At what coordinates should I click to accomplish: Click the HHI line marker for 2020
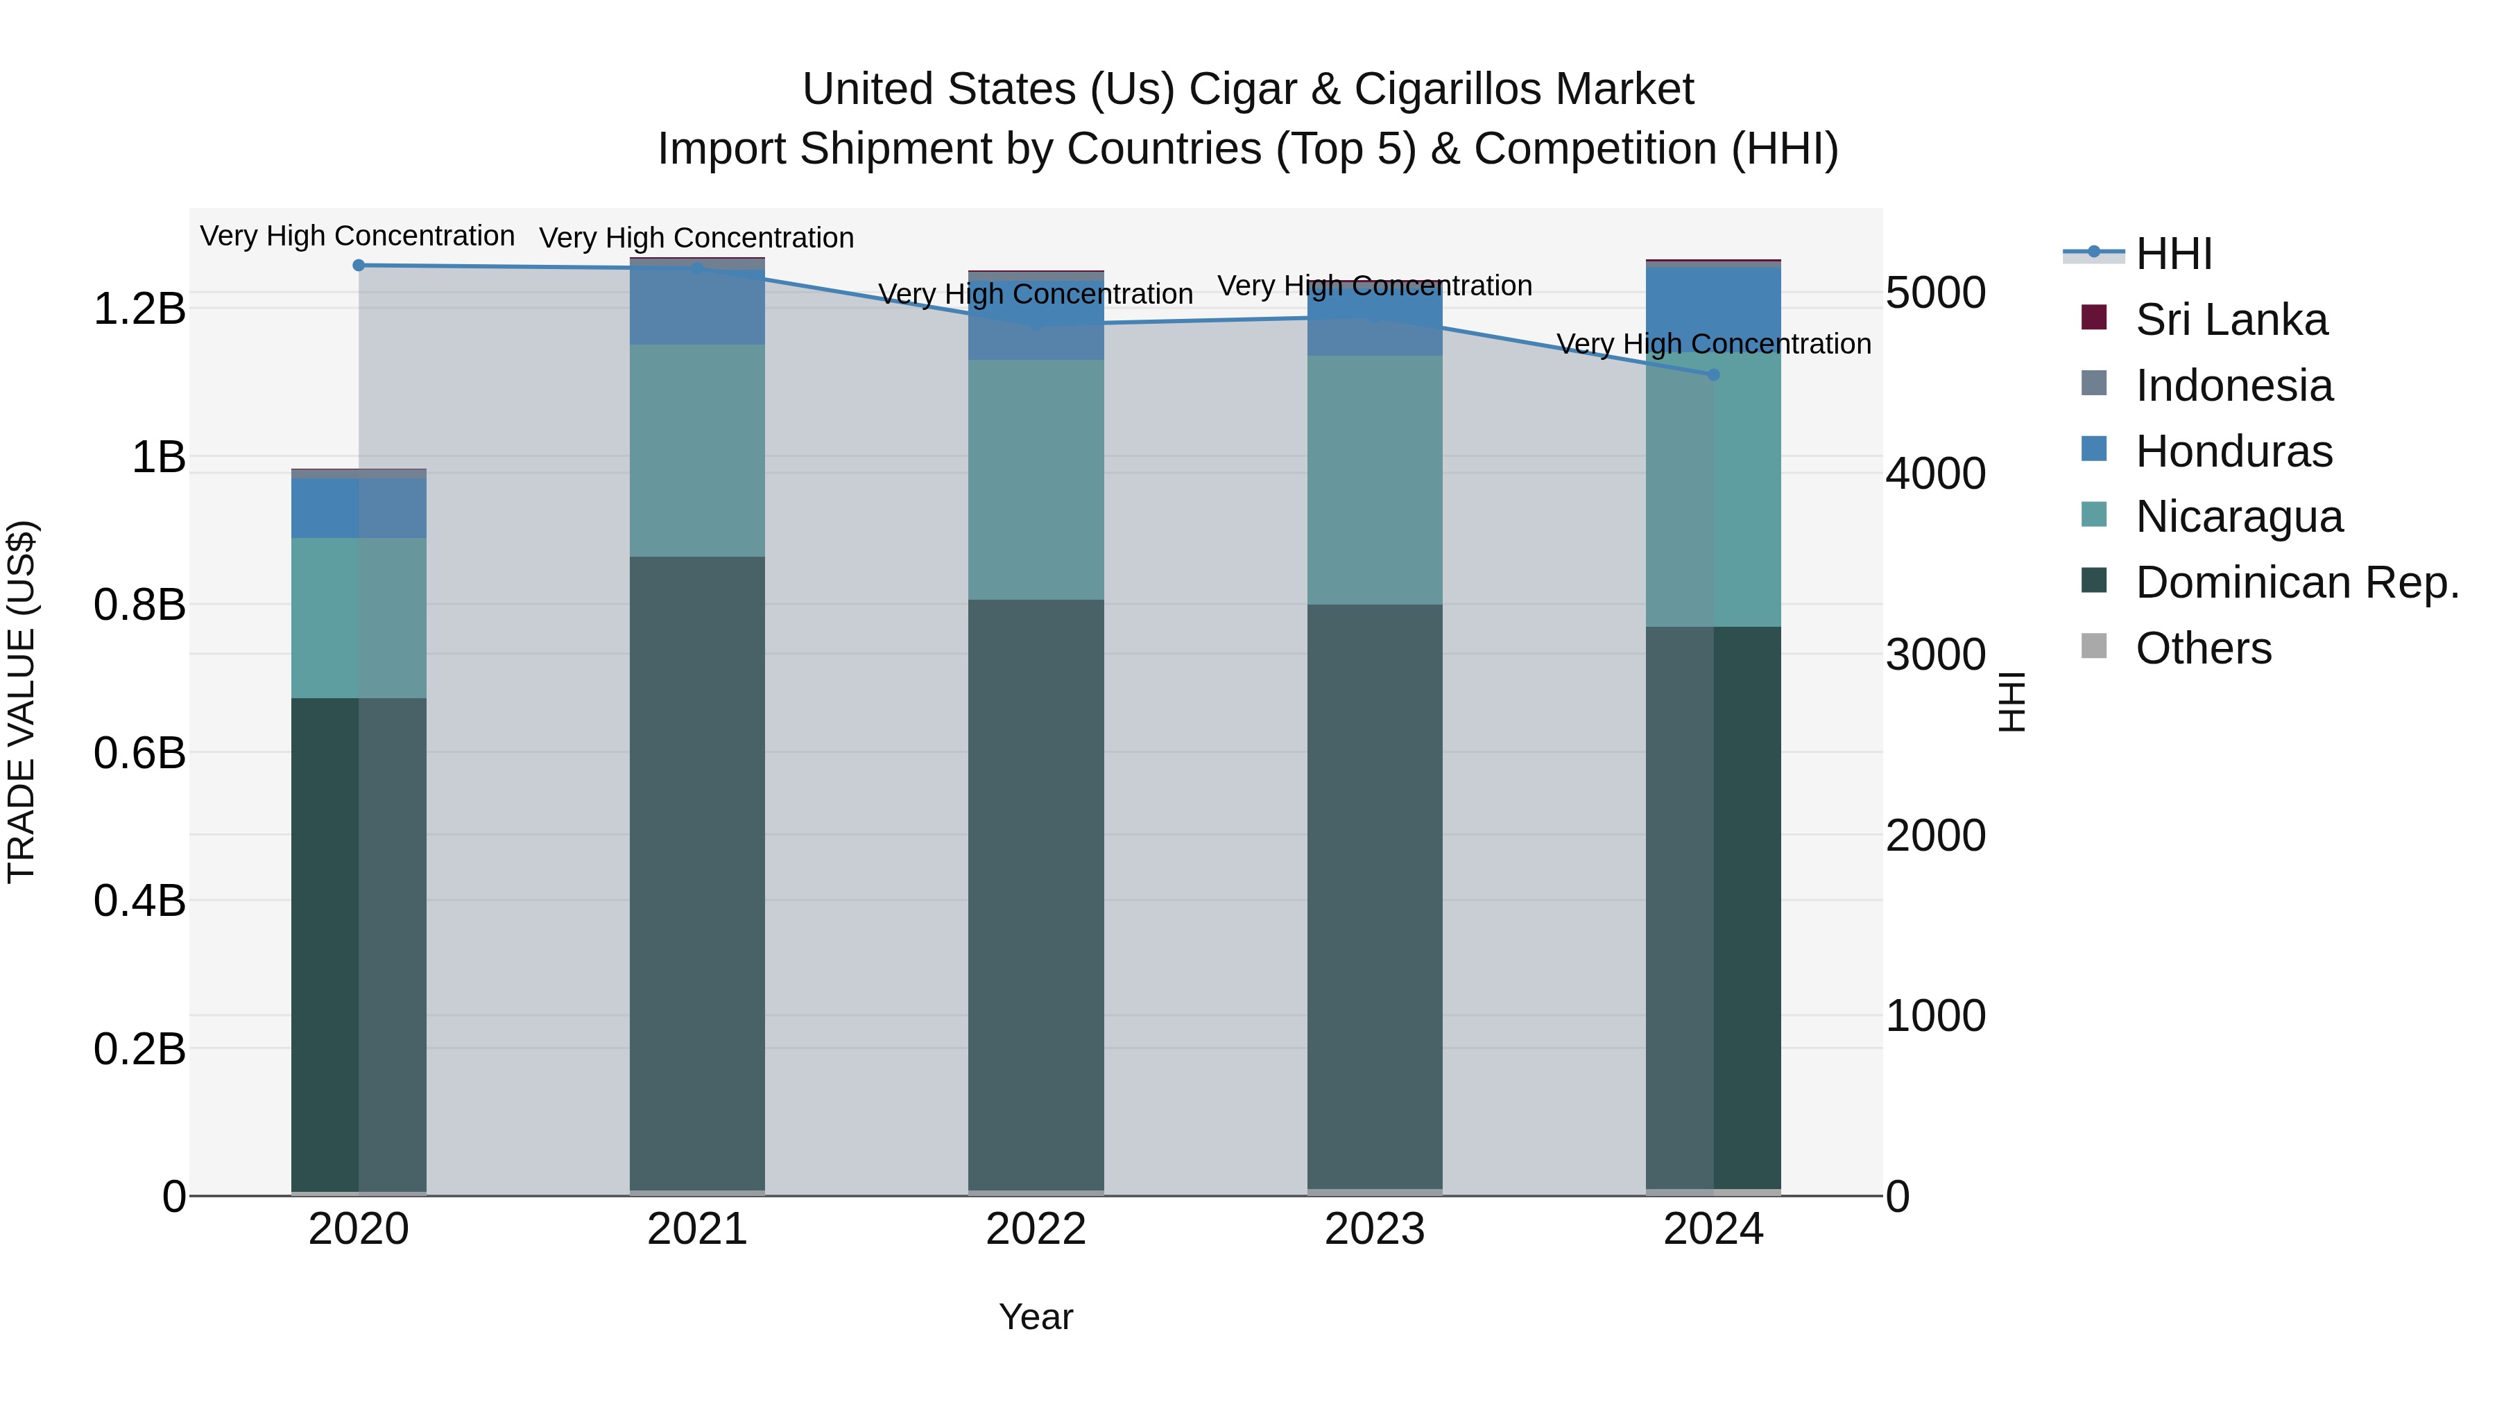click(359, 266)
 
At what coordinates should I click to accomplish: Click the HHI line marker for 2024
click(1713, 375)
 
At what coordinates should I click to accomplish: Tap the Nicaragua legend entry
click(2238, 517)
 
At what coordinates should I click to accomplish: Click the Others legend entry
click(2202, 648)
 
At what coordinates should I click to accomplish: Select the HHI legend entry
click(2173, 254)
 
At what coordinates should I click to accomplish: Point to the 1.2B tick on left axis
click(139, 309)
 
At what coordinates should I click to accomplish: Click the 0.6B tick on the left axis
click(139, 753)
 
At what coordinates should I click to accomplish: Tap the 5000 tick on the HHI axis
click(1934, 293)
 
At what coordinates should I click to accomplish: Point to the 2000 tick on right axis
click(1934, 835)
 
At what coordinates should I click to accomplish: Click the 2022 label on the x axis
click(1036, 1229)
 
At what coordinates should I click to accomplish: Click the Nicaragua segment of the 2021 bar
click(697, 451)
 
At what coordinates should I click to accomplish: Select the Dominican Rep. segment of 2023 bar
click(1375, 896)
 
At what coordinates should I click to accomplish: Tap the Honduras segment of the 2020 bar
click(359, 508)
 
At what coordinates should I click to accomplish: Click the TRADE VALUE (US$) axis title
click(22, 702)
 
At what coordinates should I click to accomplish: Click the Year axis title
click(1036, 1317)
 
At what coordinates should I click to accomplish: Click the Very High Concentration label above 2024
click(1713, 344)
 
